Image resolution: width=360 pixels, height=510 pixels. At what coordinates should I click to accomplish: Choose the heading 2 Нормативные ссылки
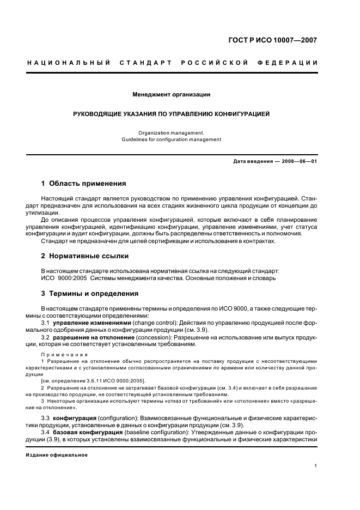[85, 256]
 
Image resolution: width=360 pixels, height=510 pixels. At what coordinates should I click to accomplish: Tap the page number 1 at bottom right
[316, 466]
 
